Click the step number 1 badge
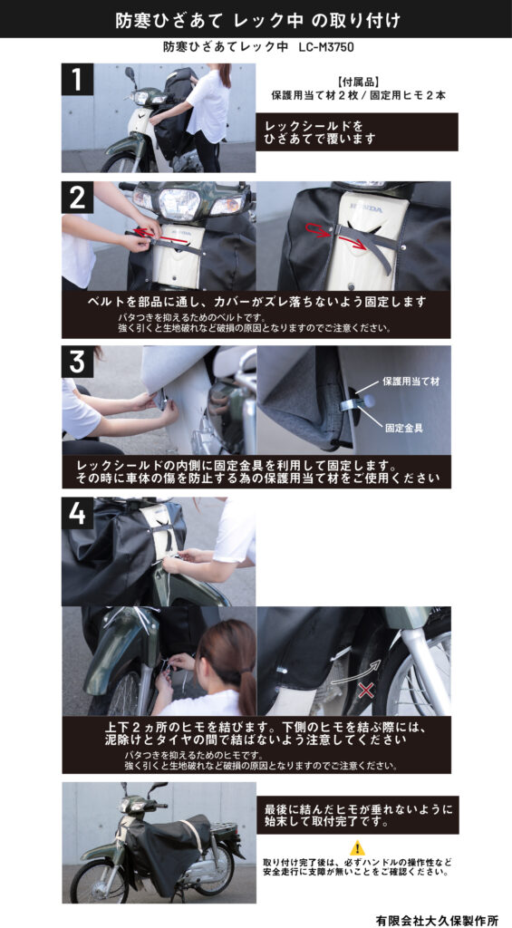click(78, 79)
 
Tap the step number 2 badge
click(78, 197)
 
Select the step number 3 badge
click(78, 362)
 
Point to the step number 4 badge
click(78, 513)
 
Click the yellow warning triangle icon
click(357, 847)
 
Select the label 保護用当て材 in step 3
click(411, 382)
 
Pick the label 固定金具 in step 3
click(405, 428)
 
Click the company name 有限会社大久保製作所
click(437, 921)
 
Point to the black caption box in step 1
click(357, 132)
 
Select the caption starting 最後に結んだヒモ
click(357, 815)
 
